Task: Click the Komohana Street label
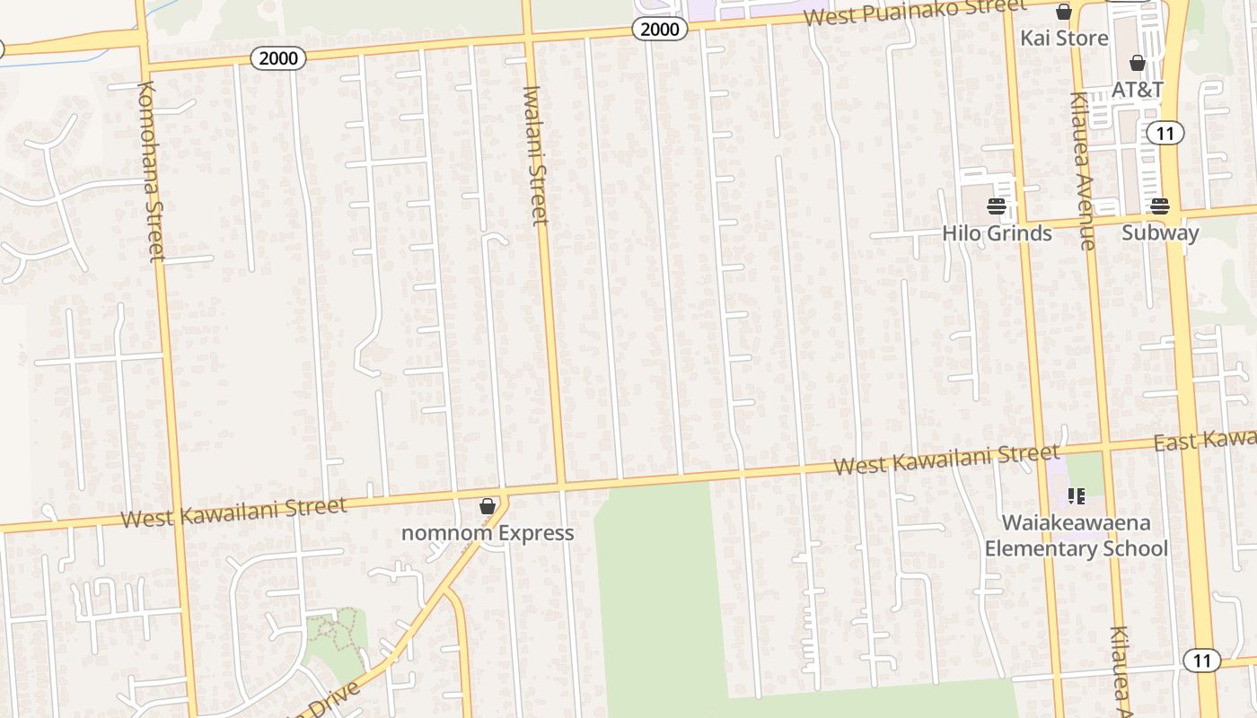150,171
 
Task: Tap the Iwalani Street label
535,154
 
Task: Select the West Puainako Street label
914,12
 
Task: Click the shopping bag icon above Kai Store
1064,13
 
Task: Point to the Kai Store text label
1064,39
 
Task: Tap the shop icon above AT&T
1138,63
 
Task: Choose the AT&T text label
1138,90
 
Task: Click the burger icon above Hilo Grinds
996,206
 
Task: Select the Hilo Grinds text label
997,233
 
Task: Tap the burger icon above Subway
1159,206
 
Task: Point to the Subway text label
1160,233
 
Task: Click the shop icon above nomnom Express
488,507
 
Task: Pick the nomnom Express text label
488,533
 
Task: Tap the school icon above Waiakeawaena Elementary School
1077,496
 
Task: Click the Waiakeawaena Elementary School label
1077,535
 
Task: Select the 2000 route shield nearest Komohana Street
278,59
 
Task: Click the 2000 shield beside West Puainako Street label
660,30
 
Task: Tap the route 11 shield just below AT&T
1165,134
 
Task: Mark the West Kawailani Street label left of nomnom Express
233,512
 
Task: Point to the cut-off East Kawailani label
1205,440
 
